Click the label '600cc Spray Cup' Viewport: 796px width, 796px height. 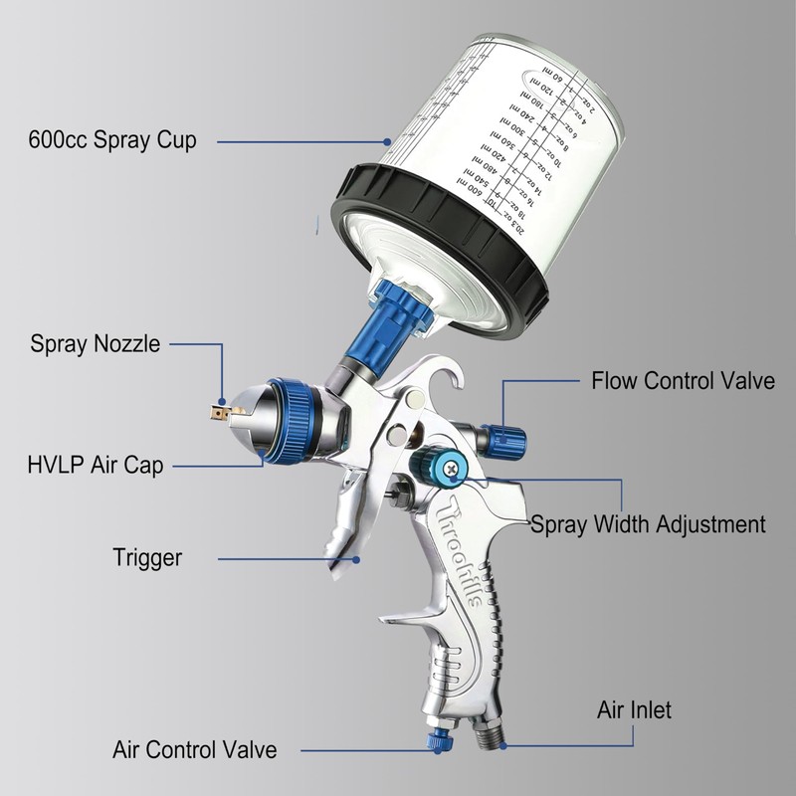112,139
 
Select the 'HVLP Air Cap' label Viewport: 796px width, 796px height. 97,465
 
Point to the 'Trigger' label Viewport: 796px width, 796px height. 147,557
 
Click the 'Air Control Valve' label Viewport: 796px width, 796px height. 194,748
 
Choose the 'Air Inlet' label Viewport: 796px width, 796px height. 634,709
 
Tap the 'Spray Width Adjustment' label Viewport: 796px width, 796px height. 648,523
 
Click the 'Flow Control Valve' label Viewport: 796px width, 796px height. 683,380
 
